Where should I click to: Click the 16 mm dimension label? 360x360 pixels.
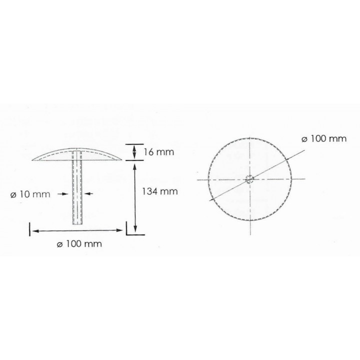158,152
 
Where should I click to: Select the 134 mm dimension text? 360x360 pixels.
160,191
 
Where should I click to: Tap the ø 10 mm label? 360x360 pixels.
30,194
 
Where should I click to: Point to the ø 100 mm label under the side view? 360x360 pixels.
79,243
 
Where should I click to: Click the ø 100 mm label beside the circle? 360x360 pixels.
324,138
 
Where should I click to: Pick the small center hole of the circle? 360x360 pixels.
250,179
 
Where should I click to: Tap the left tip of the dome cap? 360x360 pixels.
32,160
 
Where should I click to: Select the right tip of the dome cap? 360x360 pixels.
122,159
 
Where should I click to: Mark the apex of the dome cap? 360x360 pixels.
77,148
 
